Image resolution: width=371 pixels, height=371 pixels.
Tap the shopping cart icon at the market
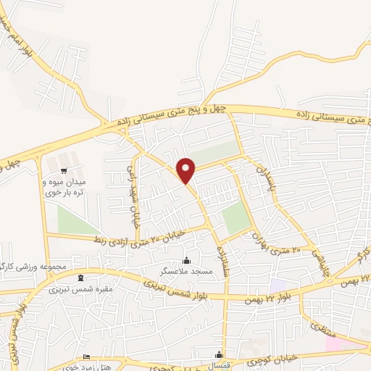[x=65, y=171]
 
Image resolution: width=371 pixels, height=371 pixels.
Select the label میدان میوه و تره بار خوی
[x=66, y=187]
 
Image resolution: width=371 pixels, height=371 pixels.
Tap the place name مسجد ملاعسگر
[x=186, y=271]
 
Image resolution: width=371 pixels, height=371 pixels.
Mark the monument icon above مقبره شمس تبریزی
[x=80, y=278]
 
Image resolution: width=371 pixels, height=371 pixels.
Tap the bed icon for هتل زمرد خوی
[x=87, y=357]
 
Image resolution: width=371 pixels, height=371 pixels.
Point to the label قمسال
[x=221, y=366]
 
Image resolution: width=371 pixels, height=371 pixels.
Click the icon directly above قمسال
[x=220, y=355]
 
